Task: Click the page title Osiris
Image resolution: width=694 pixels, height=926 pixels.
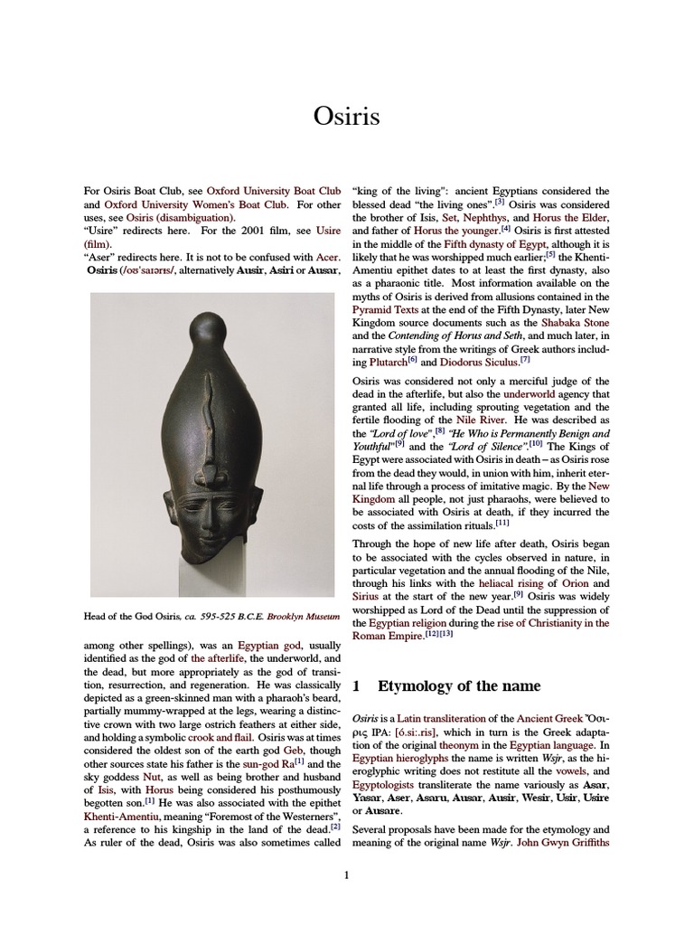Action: tap(346, 117)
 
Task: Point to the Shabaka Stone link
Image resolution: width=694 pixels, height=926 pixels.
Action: tap(574, 323)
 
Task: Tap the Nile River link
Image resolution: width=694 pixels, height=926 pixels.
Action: tap(472, 420)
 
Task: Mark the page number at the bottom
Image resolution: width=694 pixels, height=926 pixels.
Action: tap(346, 875)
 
